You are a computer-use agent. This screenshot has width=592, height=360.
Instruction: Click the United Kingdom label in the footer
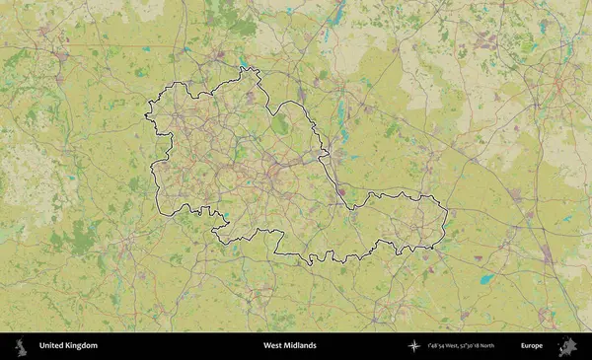click(x=68, y=346)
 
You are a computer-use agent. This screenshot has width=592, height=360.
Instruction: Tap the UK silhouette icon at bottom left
click(x=19, y=346)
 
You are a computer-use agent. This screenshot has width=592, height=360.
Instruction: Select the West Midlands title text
click(x=290, y=346)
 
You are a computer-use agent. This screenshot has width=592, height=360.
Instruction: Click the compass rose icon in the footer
click(x=415, y=346)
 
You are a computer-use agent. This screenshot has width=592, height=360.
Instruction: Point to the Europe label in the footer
click(x=532, y=346)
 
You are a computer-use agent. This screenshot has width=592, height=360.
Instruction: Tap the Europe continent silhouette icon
click(x=567, y=346)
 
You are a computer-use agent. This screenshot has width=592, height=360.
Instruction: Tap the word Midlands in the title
click(x=300, y=346)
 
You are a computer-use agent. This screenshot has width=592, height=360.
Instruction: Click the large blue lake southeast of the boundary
click(x=485, y=279)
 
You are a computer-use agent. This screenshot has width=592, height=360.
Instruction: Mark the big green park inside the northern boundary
click(x=280, y=125)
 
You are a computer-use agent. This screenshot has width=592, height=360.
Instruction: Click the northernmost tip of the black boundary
click(x=244, y=67)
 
